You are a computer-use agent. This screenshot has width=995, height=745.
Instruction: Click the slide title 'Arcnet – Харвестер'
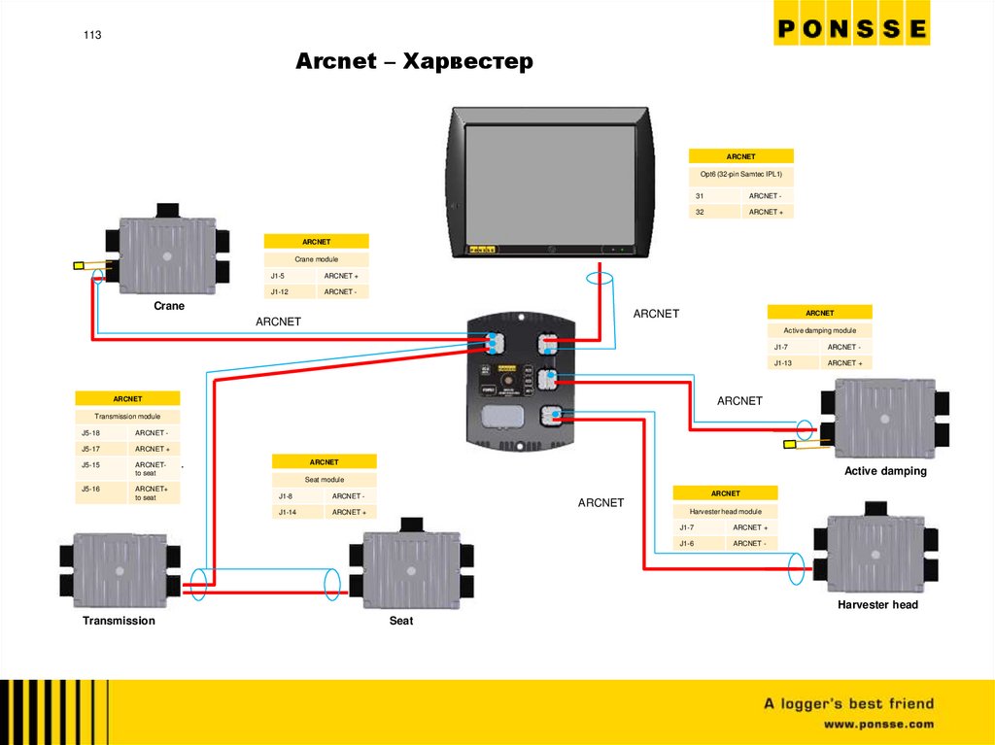pyautogui.click(x=415, y=62)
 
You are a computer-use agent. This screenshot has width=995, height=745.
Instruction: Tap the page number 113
pyautogui.click(x=92, y=35)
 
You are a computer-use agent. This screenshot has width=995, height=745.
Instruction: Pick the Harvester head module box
pyautogui.click(x=875, y=552)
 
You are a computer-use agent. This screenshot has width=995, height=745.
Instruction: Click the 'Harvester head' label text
pyautogui.click(x=877, y=605)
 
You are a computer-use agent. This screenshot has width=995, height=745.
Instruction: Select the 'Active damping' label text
pyautogui.click(x=885, y=471)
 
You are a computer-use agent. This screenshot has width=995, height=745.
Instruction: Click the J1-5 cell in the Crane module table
pyautogui.click(x=280, y=277)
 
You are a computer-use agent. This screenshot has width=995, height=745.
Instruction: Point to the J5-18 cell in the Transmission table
pyautogui.click(x=91, y=432)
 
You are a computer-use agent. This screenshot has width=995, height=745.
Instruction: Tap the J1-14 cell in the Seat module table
pyautogui.click(x=288, y=512)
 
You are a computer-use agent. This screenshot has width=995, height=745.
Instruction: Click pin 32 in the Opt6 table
pyautogui.click(x=700, y=211)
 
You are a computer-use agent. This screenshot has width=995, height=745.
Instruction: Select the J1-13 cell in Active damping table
pyautogui.click(x=783, y=362)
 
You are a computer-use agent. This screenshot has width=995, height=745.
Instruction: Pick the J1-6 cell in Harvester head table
pyautogui.click(x=687, y=543)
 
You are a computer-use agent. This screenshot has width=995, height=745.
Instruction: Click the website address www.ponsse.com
pyautogui.click(x=878, y=725)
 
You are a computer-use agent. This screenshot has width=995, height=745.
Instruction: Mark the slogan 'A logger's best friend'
pyautogui.click(x=848, y=703)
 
